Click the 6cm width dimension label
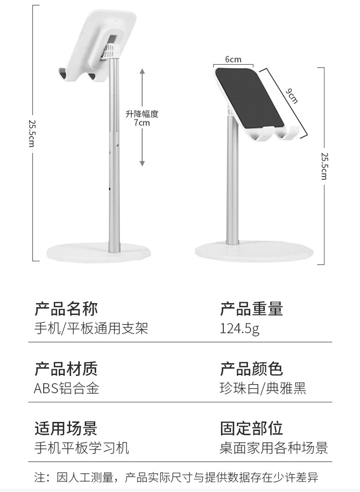point(233,60)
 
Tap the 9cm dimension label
point(292,96)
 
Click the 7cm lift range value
point(142,123)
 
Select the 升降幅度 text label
point(142,114)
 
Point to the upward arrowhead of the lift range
point(142,71)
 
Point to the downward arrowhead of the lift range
point(142,164)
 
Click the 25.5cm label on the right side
point(324,165)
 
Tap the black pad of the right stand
point(250,98)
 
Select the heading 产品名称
point(66,309)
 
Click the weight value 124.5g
point(240,329)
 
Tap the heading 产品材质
point(66,369)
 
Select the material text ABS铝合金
point(66,388)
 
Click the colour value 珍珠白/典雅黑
point(263,388)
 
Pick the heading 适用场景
point(66,428)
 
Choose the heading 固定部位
point(252,428)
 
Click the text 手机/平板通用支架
point(91,329)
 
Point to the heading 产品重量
point(252,309)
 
